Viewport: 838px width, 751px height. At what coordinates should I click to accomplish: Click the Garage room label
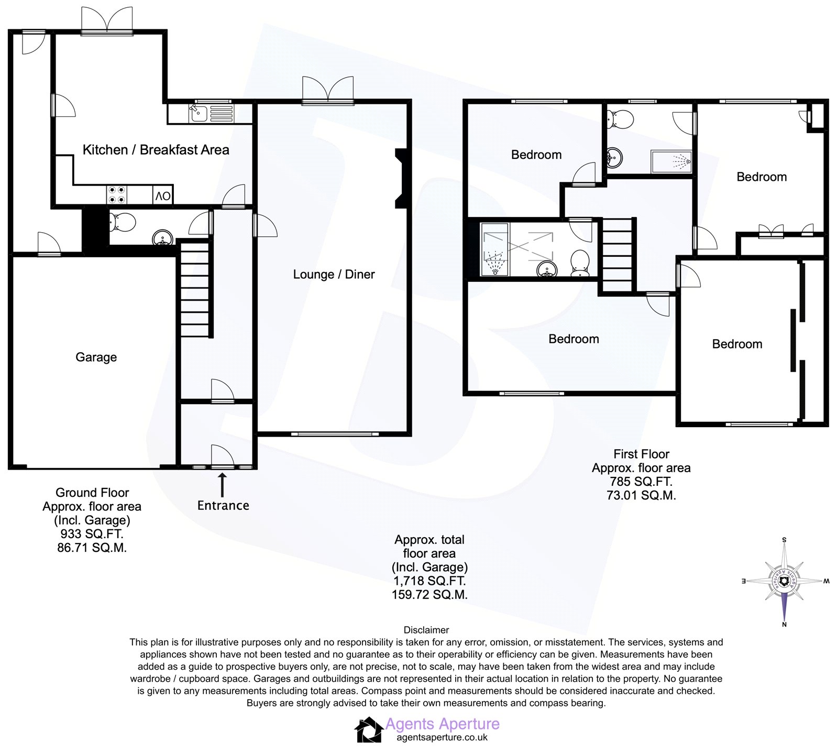(96, 357)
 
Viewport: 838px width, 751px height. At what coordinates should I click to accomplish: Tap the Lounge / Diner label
(334, 275)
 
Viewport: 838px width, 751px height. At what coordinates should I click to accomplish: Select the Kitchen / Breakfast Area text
(156, 150)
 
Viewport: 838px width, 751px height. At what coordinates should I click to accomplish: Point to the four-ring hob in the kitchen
(117, 195)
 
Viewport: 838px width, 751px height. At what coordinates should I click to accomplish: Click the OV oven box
(163, 196)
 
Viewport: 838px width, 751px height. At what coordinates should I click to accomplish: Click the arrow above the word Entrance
(222, 484)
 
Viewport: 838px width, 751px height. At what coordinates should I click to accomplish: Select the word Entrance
(223, 506)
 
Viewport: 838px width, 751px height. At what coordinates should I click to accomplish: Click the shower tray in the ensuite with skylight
(494, 249)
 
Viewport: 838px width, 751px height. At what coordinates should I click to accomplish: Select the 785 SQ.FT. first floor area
(641, 482)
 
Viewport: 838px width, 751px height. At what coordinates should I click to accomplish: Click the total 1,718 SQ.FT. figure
(429, 581)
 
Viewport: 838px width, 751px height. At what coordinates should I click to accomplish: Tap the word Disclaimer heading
(426, 630)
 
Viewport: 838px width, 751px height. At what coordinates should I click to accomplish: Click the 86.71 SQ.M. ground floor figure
(92, 548)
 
